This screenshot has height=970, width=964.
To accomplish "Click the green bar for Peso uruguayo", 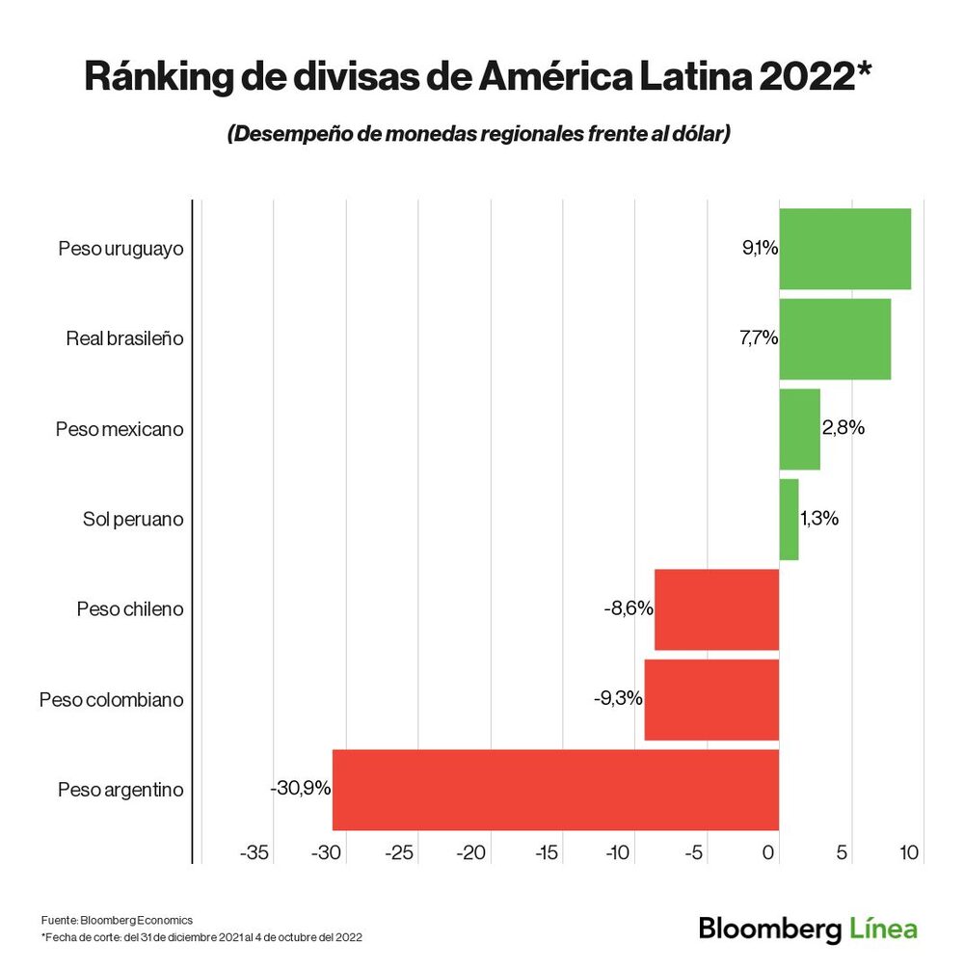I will [x=844, y=249].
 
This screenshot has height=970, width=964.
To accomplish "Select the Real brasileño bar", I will [x=835, y=338].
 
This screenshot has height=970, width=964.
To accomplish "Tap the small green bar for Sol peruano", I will [x=789, y=520].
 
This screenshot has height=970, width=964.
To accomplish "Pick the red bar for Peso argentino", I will [x=555, y=790].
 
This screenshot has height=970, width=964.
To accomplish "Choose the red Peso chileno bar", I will [x=716, y=609].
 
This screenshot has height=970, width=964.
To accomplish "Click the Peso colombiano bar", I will [x=711, y=700].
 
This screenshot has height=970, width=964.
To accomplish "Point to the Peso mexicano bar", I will [x=799, y=429].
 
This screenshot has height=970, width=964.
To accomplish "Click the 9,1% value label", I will [x=760, y=249].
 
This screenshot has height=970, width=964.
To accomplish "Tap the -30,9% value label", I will [x=301, y=789].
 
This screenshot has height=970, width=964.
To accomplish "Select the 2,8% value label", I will [x=843, y=428].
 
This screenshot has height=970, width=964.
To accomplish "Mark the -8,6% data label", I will [x=629, y=608].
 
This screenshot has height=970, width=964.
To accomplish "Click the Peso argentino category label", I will [x=120, y=790].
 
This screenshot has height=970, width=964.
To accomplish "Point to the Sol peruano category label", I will [x=133, y=520].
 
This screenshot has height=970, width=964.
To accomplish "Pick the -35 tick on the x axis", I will [x=254, y=853].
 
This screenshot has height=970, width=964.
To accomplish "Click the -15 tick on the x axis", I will [x=547, y=853].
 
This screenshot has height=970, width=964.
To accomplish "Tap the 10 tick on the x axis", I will [x=908, y=853].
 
